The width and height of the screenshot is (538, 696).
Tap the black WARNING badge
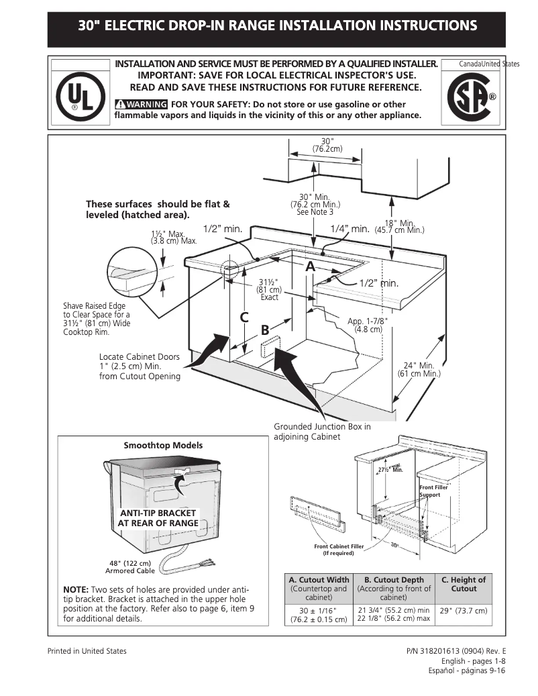(141, 104)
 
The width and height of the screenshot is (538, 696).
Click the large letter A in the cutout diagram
(310, 266)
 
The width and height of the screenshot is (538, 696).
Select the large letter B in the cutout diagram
(265, 330)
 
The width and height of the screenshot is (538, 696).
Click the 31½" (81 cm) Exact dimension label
(269, 289)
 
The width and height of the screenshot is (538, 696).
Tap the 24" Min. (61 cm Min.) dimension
(419, 369)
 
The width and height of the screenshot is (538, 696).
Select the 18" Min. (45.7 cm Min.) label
(399, 226)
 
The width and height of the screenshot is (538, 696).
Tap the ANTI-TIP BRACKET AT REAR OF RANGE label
(158, 518)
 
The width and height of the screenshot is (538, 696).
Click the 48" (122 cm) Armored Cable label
(130, 566)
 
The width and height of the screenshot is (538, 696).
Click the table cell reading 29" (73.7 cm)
(464, 611)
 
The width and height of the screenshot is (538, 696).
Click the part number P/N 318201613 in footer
(456, 651)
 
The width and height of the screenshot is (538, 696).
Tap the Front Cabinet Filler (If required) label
(339, 550)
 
